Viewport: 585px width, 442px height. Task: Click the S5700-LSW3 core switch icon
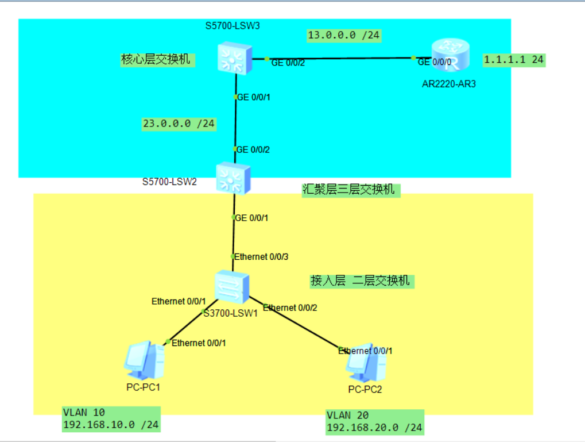(233, 58)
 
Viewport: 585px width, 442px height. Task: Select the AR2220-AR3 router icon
(450, 57)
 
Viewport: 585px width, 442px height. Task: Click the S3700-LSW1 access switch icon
(232, 286)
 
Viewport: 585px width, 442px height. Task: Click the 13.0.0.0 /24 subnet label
(343, 36)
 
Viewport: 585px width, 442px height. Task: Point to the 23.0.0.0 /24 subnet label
(179, 124)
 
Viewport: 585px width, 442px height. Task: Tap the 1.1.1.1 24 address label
(514, 60)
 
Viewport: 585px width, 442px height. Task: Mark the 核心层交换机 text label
(155, 60)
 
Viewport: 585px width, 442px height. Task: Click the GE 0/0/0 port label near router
(435, 62)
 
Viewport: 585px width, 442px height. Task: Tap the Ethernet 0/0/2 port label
(290, 308)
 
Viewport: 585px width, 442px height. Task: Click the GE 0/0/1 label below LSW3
(253, 97)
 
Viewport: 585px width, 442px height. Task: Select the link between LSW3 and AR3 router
(344, 58)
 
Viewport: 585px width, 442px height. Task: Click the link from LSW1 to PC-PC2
(299, 325)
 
